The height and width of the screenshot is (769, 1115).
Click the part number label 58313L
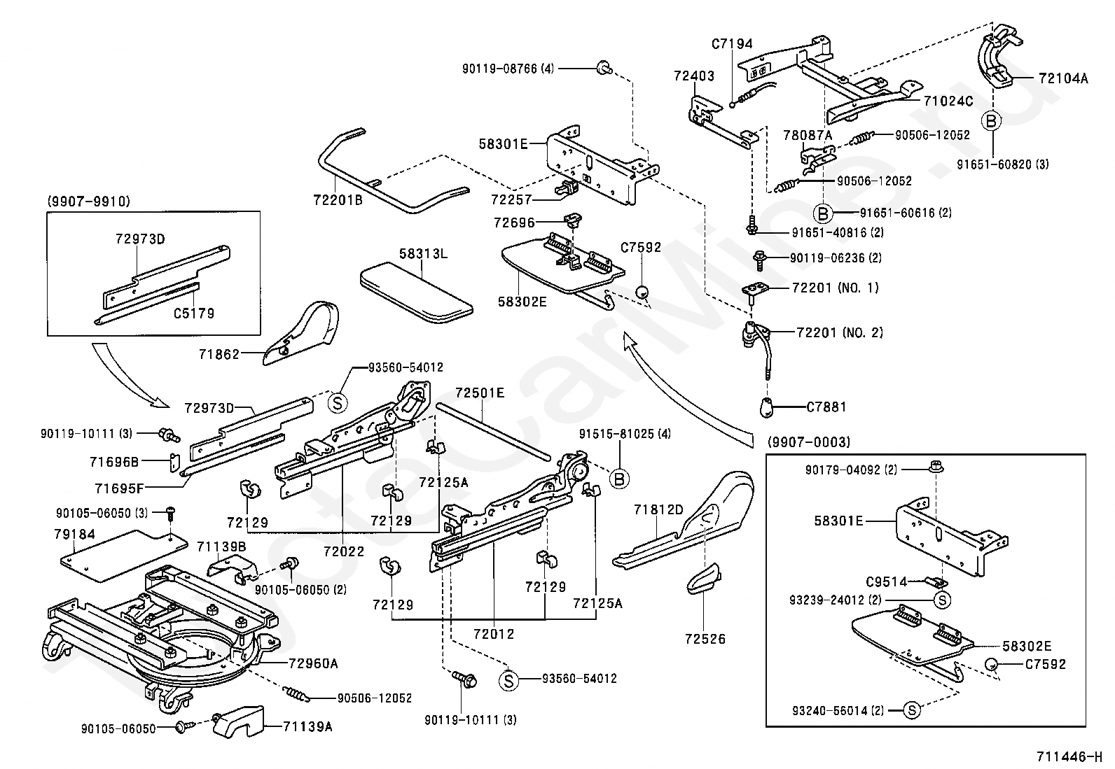click(x=424, y=253)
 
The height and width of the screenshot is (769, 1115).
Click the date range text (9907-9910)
click(x=88, y=202)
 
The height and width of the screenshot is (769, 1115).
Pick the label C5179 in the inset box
click(x=194, y=313)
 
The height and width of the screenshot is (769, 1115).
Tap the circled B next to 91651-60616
click(x=823, y=213)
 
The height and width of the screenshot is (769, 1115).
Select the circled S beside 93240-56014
click(x=911, y=710)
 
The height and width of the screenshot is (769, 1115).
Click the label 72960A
click(x=314, y=663)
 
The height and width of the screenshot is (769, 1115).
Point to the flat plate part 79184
click(x=123, y=553)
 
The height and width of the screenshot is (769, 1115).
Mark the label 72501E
click(x=480, y=393)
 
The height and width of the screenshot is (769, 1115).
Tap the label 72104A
click(x=1063, y=78)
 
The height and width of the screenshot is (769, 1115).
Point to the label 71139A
click(x=307, y=727)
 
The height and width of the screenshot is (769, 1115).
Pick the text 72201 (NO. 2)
click(x=840, y=332)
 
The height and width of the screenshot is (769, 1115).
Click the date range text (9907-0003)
click(x=809, y=442)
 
